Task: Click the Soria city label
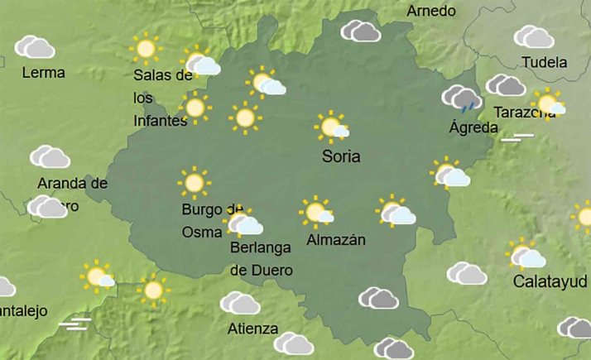[x=341, y=156]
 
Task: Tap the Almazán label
[x=336, y=240]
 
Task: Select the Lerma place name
[x=44, y=73]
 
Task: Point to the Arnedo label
[x=431, y=11]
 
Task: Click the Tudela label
[x=545, y=63]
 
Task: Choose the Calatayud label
[x=545, y=281]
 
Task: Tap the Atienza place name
[x=252, y=329]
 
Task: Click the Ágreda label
[x=473, y=127]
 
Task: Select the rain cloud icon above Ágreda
[x=462, y=98]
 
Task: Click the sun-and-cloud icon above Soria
[x=333, y=127]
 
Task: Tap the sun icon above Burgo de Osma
[x=195, y=182]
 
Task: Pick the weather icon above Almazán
[x=316, y=212]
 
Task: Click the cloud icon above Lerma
[x=35, y=46]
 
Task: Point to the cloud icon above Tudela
[x=534, y=36]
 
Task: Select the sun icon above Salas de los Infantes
[x=147, y=50]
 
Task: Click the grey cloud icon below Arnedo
[x=362, y=31]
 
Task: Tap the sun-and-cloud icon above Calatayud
[x=526, y=255]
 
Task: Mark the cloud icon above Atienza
[x=240, y=303]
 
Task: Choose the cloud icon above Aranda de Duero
[x=50, y=156]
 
